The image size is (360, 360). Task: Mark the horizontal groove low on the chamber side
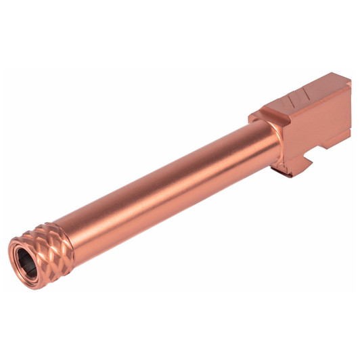(x=325, y=137)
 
